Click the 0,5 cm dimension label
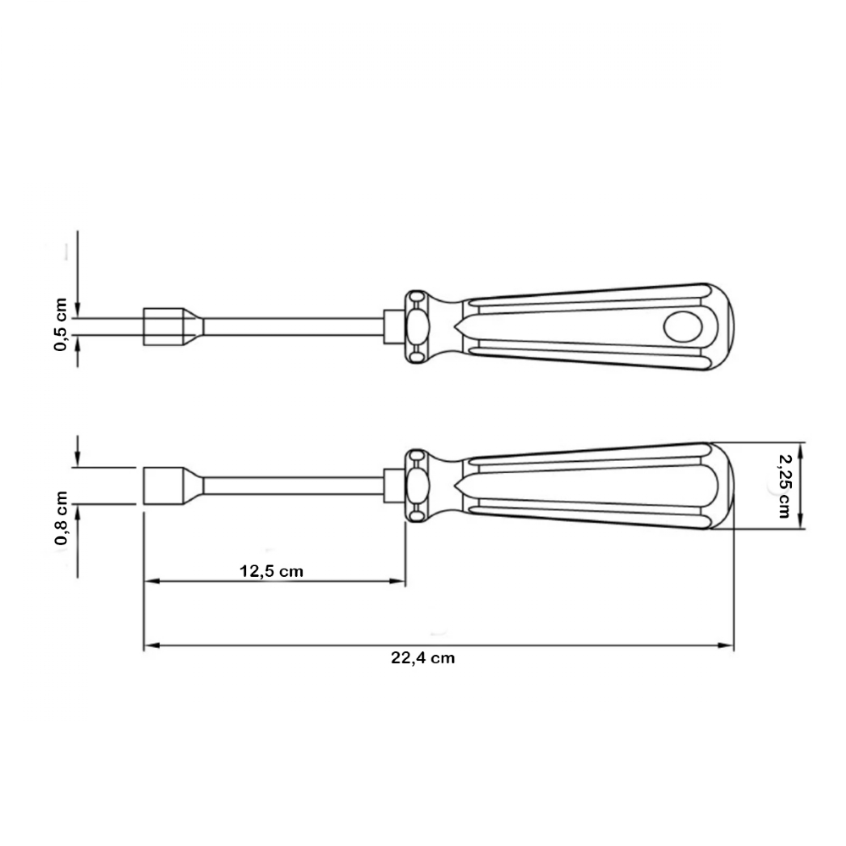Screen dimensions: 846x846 pyautogui.click(x=60, y=325)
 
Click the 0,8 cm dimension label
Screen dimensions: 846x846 pyautogui.click(x=60, y=518)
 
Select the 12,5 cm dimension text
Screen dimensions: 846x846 pyautogui.click(x=272, y=571)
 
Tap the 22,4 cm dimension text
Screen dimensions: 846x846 pyautogui.click(x=423, y=658)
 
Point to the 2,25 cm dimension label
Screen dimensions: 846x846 pyautogui.click(x=784, y=486)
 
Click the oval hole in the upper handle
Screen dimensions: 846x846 pyautogui.click(x=683, y=327)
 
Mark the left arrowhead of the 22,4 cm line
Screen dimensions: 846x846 pyautogui.click(x=151, y=645)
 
